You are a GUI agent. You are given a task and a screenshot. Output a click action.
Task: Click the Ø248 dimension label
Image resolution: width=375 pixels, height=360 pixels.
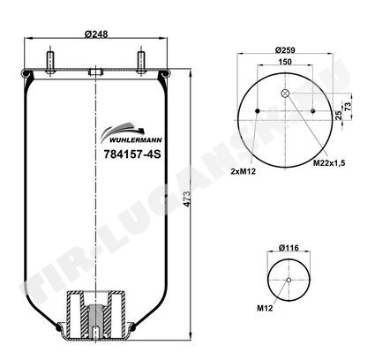[96, 34]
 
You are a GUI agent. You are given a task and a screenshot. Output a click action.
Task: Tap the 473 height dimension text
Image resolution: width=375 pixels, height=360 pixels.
[187, 199]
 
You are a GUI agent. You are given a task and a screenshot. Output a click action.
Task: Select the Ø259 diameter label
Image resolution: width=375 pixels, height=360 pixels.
[285, 50]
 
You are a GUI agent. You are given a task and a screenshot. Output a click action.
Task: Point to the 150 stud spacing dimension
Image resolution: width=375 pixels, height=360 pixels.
[285, 62]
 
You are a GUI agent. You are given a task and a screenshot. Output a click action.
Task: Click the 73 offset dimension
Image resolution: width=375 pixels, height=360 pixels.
[348, 106]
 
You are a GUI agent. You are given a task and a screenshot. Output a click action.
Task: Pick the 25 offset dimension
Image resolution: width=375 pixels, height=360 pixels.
[339, 115]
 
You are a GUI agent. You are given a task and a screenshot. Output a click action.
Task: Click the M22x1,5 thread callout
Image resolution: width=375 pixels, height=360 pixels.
[329, 163]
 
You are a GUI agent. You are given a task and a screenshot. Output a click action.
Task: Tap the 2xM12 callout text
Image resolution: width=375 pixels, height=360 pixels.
[244, 171]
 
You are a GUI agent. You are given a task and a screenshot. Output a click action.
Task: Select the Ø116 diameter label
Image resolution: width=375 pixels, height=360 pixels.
[289, 248]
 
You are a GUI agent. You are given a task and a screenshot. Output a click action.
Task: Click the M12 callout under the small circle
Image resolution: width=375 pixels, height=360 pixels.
[265, 308]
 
